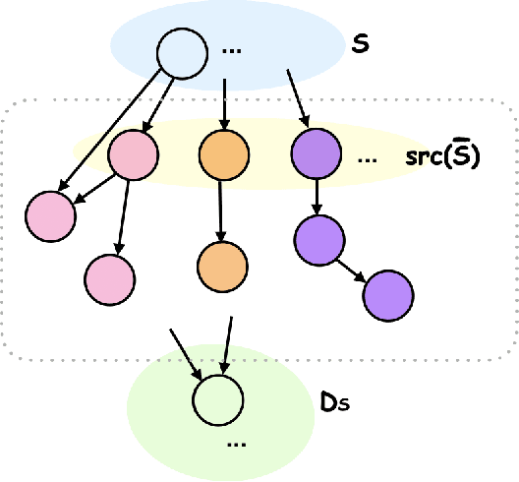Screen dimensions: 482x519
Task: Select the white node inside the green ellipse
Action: pos(217,400)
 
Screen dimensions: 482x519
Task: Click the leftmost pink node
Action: pos(50,213)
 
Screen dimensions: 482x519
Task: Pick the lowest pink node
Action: pos(109,276)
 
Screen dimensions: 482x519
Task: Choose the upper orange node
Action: pos(222,154)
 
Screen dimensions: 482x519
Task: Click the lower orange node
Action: pos(222,264)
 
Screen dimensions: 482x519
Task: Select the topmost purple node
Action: pos(316,154)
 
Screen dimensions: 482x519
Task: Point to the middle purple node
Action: pos(318,237)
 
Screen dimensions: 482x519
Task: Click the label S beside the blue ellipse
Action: pos(360,44)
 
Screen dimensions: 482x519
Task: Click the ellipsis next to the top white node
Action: pos(233,50)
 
